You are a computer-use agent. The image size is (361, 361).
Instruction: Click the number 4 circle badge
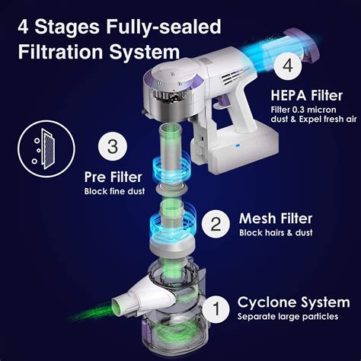tap(288, 65)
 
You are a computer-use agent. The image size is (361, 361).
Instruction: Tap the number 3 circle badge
tap(113, 146)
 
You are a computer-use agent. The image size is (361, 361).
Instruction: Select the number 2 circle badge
tap(216, 224)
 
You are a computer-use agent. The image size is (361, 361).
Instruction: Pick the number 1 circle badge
tap(216, 308)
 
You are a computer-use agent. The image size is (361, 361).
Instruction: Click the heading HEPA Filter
tap(307, 96)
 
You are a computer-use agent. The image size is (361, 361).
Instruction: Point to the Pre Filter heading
tap(113, 177)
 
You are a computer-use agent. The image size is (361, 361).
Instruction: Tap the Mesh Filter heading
tap(276, 219)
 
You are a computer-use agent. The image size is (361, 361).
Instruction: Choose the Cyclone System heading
tap(293, 302)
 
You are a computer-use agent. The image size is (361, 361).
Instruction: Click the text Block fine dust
tap(114, 191)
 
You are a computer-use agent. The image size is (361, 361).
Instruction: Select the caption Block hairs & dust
tap(276, 233)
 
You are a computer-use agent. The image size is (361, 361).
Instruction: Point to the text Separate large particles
tap(288, 317)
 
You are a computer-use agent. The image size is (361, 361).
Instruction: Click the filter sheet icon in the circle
tap(46, 149)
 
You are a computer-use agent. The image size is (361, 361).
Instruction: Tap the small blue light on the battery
tap(238, 145)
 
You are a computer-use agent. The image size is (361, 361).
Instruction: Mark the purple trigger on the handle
tap(222, 102)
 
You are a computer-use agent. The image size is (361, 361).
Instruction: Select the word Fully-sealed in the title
tap(164, 27)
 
